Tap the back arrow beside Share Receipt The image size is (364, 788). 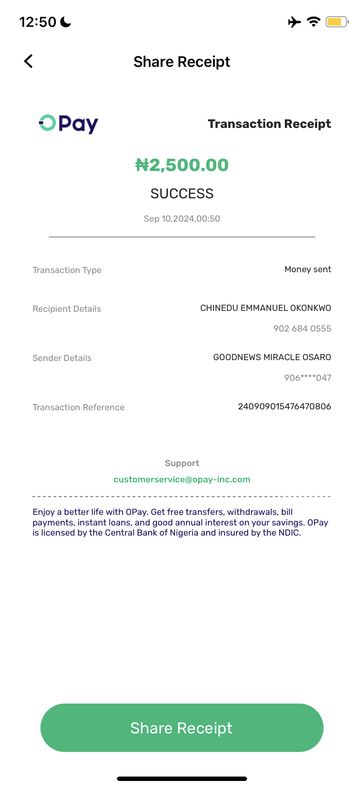(x=29, y=61)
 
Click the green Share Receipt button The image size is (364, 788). (x=182, y=728)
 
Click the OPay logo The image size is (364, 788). (x=69, y=124)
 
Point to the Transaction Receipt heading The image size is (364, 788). (x=269, y=124)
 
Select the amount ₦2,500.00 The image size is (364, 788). (x=182, y=165)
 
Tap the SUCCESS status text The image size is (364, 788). (x=182, y=193)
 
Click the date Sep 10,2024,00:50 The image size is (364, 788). (x=182, y=219)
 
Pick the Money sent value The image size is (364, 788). (x=308, y=269)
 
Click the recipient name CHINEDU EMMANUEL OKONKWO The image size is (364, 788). (x=266, y=308)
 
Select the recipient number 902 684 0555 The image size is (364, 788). (x=302, y=328)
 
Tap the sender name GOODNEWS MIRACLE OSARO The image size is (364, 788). (x=272, y=357)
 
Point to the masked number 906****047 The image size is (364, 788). (x=307, y=378)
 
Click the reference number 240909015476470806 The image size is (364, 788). (x=284, y=406)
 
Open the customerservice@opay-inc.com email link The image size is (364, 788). (x=182, y=479)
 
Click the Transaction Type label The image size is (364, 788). (x=67, y=270)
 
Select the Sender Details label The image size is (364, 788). (x=62, y=358)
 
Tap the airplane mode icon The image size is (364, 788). (x=295, y=22)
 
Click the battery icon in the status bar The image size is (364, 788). (x=337, y=22)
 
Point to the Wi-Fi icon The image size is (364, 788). (x=313, y=22)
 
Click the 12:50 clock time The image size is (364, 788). (x=38, y=22)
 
